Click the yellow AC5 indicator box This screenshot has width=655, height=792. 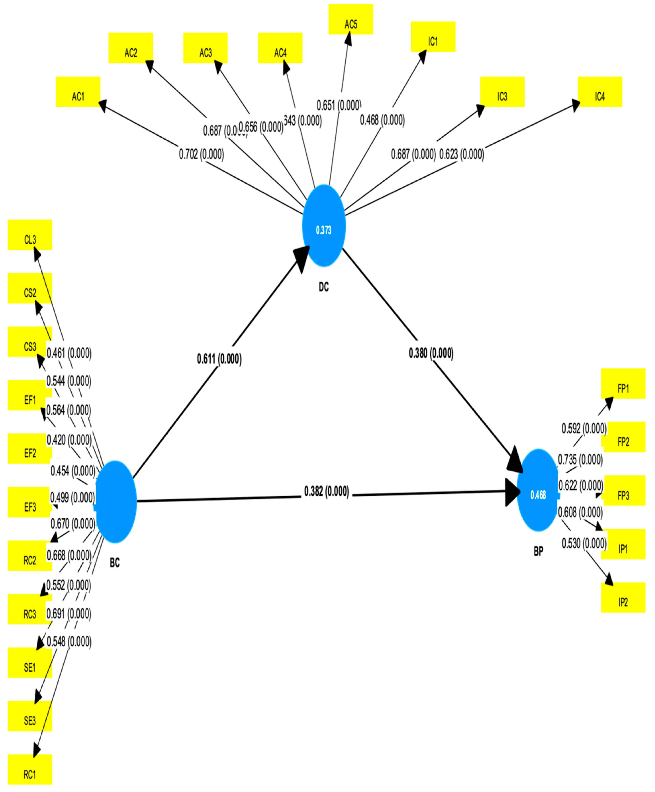click(350, 20)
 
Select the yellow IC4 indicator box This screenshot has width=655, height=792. click(600, 92)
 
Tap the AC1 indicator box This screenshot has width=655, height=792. click(78, 92)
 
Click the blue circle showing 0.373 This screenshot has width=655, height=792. click(324, 226)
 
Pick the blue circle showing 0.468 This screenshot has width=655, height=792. click(537, 490)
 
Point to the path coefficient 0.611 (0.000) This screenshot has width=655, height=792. click(219, 359)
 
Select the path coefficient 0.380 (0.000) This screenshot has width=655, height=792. click(431, 353)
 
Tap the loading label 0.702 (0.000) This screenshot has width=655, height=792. click(201, 154)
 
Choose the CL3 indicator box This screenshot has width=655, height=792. click(30, 235)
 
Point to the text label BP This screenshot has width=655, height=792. click(538, 551)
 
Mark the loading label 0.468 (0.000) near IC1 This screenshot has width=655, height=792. click(382, 120)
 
